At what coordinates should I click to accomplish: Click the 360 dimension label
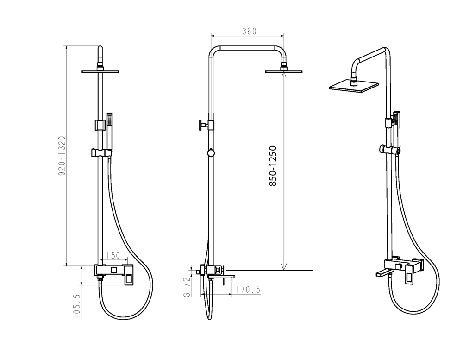click(249, 31)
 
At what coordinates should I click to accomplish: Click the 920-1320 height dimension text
click(62, 156)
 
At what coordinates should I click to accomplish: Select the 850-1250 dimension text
click(273, 166)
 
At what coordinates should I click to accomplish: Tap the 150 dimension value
click(113, 255)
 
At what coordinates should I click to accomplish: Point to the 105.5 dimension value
click(76, 306)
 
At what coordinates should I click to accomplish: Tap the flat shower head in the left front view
click(100, 71)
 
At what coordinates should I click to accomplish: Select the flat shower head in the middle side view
click(284, 71)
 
